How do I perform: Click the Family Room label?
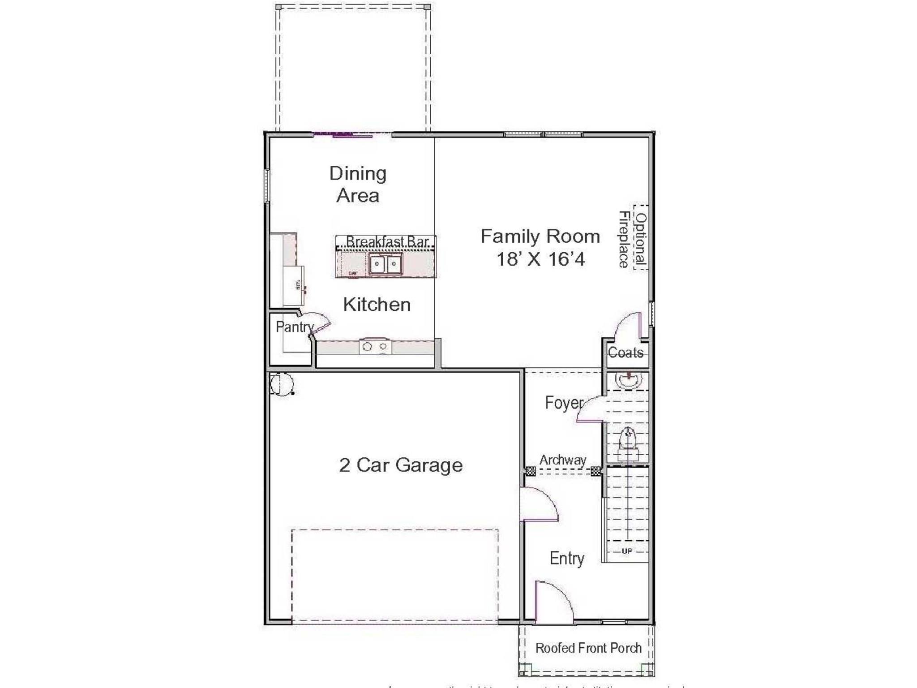[x=540, y=236]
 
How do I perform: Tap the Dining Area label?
[x=358, y=185]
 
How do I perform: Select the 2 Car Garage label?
[x=401, y=465]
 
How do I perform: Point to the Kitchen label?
[x=377, y=305]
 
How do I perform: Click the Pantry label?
[x=294, y=327]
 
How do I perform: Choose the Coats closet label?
[x=625, y=353]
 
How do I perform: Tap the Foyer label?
[x=564, y=403]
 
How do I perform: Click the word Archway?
[x=562, y=460]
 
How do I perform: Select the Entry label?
[x=567, y=559]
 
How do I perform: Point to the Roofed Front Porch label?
[x=588, y=648]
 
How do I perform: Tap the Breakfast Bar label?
[x=387, y=241]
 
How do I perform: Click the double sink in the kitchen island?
[x=385, y=264]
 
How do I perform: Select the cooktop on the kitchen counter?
[x=375, y=346]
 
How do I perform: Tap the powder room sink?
[x=629, y=379]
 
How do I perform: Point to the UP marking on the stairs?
[x=627, y=551]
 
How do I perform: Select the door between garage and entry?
[x=539, y=504]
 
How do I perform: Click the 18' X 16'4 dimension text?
[x=540, y=259]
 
